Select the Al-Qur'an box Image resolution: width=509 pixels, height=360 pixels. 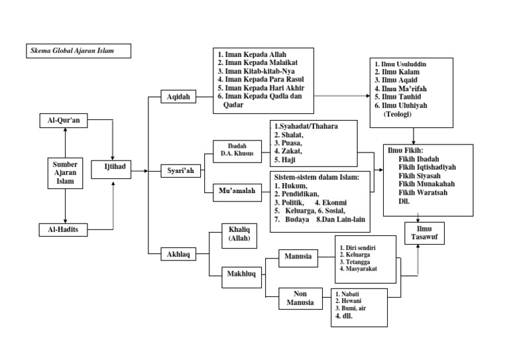click(x=64, y=121)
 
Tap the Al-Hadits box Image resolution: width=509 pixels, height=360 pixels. click(x=64, y=230)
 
